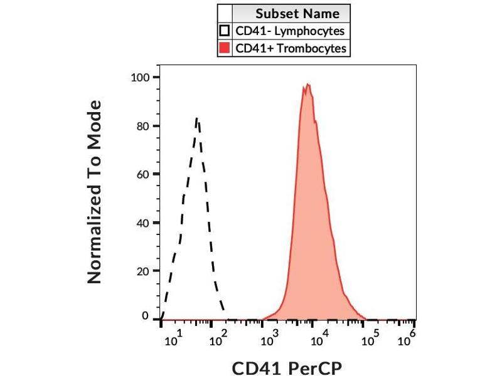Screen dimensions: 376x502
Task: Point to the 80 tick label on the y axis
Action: click(142, 126)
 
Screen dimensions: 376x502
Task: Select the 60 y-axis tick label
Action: click(142, 174)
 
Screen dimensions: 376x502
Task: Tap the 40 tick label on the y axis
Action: click(142, 222)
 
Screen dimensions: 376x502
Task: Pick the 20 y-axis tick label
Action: click(142, 271)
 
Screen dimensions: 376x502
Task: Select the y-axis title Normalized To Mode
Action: click(94, 191)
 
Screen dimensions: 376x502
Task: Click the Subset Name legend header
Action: click(297, 14)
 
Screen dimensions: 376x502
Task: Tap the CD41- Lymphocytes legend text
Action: click(290, 31)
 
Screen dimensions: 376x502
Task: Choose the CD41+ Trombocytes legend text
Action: click(291, 48)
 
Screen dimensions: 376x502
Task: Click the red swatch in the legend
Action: click(224, 48)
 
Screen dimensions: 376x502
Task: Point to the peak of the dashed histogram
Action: click(197, 118)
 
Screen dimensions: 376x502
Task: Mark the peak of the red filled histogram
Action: click(308, 84)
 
